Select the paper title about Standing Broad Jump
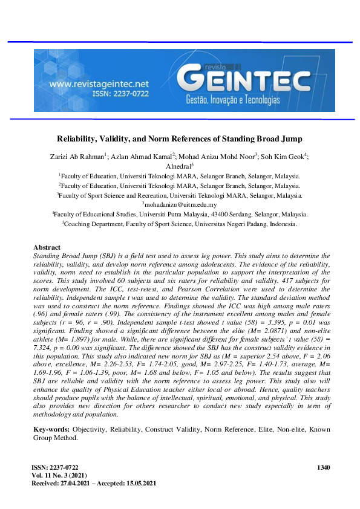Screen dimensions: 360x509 [179, 138]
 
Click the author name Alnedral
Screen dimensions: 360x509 [178, 165]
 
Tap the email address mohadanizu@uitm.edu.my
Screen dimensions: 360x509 [180, 204]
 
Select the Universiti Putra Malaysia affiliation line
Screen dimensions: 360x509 [180, 214]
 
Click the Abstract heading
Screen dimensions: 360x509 [47, 248]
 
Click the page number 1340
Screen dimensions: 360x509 [324, 468]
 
